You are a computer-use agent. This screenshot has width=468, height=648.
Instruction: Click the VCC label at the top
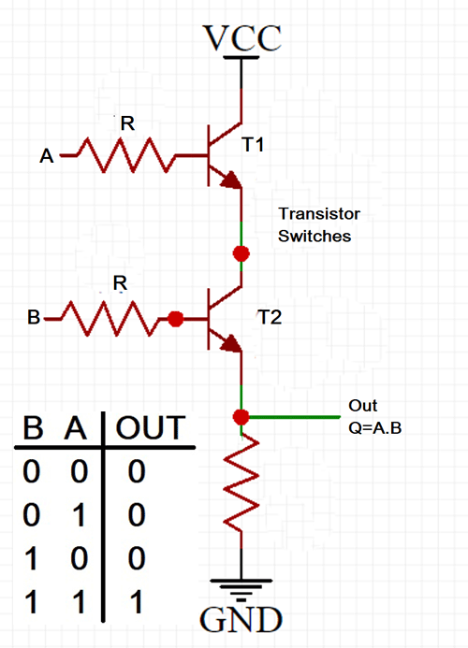click(x=242, y=36)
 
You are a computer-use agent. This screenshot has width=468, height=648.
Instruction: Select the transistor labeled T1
click(x=221, y=153)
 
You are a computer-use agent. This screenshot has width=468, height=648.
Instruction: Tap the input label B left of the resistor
click(x=34, y=319)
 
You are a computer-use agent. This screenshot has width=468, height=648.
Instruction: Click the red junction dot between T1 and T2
click(x=242, y=252)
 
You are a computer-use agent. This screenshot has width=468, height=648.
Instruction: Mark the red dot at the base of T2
click(x=175, y=319)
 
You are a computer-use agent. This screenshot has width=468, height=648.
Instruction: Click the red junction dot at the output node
click(x=242, y=416)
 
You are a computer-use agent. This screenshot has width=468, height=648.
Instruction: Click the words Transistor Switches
click(x=319, y=225)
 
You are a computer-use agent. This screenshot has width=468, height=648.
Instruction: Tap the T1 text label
click(x=254, y=145)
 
